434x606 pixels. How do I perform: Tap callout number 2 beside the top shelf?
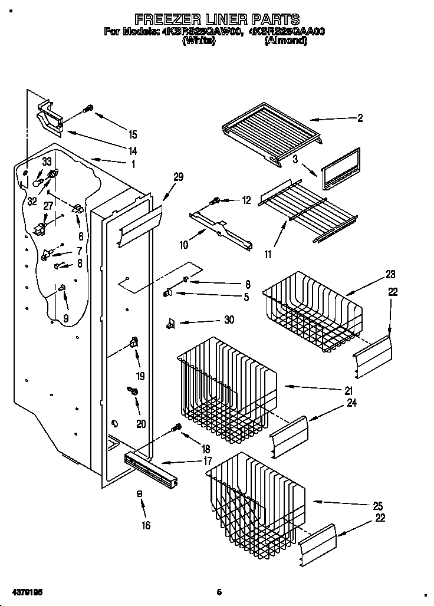click(360, 118)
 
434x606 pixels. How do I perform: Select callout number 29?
click(178, 176)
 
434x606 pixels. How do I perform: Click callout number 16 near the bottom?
click(146, 526)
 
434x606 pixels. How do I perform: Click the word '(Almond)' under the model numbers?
click(285, 40)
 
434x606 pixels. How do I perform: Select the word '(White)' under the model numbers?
click(198, 40)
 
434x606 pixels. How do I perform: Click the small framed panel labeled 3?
click(341, 169)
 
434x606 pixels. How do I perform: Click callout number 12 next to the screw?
click(246, 200)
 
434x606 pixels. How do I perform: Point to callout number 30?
click(229, 320)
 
